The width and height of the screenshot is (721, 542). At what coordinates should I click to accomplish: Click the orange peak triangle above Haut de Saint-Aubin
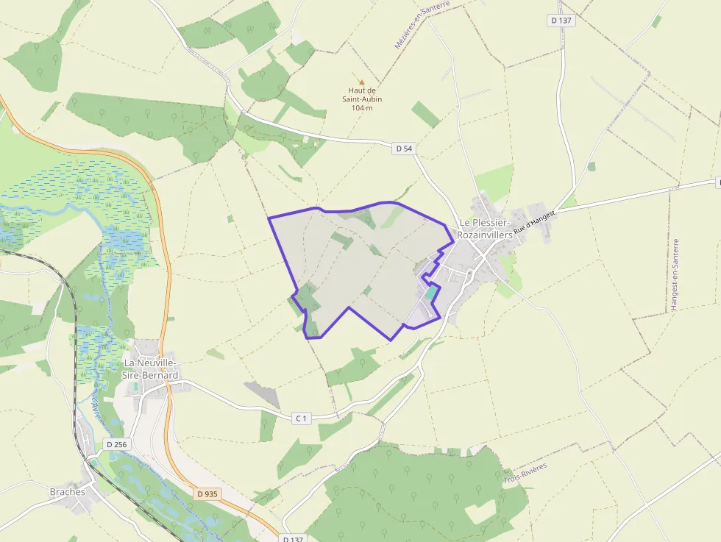(x=361, y=82)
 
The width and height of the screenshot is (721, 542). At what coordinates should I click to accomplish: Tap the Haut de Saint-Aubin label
(x=361, y=95)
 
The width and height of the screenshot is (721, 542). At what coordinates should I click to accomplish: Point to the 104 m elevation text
(x=361, y=108)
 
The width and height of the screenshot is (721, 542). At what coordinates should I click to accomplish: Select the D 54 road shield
(x=404, y=149)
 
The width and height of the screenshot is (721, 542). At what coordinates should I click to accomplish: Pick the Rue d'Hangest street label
(x=533, y=221)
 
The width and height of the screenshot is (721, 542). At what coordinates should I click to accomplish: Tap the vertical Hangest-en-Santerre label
(x=675, y=274)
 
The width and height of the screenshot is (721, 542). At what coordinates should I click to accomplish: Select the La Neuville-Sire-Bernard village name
(x=151, y=369)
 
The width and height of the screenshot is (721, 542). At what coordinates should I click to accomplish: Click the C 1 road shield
(x=302, y=418)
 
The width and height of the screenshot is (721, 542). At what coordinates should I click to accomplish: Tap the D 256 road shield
(x=116, y=444)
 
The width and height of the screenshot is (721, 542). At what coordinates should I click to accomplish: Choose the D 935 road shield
(x=207, y=494)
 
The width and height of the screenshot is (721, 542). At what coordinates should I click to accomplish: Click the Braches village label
(x=68, y=492)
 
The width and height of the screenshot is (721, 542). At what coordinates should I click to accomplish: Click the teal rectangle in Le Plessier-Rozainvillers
(x=431, y=293)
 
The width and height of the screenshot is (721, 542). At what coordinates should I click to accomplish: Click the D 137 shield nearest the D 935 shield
(x=293, y=538)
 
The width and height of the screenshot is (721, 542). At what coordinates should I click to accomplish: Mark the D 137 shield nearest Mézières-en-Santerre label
(x=561, y=21)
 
